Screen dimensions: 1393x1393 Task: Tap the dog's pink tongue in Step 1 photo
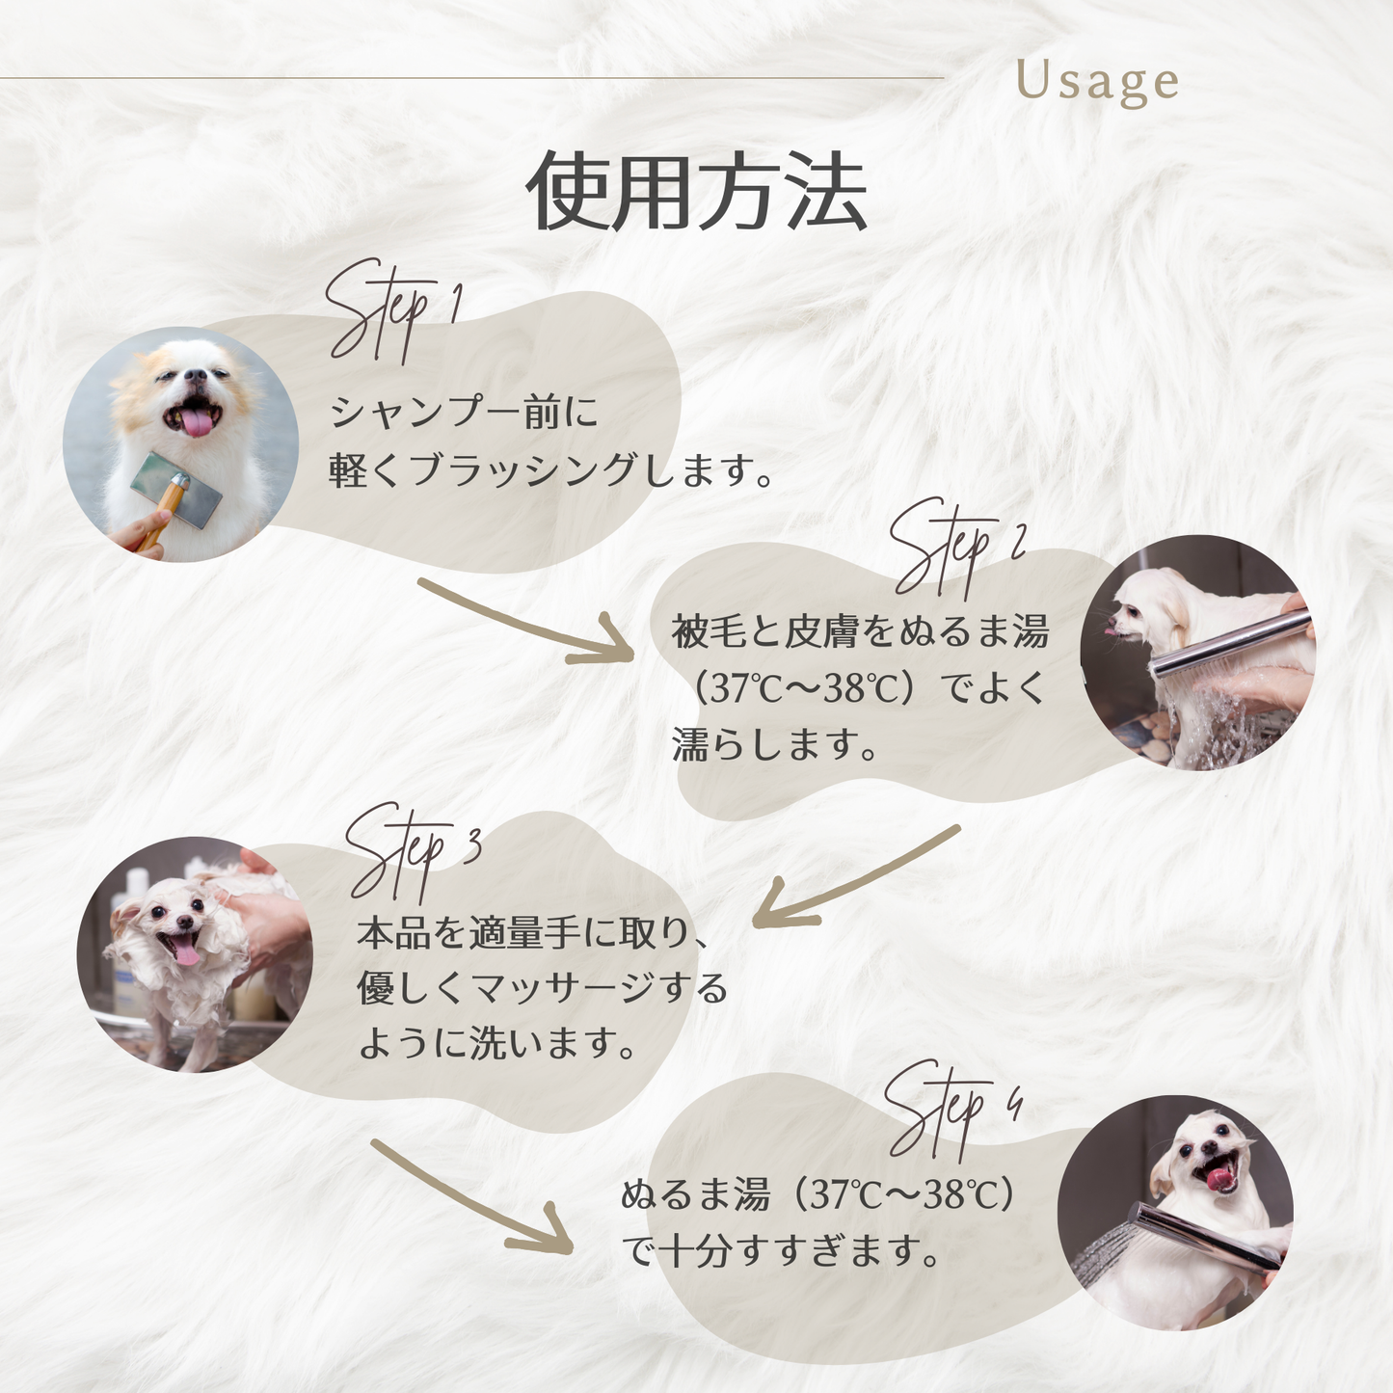(x=198, y=423)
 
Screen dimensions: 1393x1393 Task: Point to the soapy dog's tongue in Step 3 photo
(x=187, y=955)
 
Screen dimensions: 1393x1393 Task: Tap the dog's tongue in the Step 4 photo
(x=1221, y=1181)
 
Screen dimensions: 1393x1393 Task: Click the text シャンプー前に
(x=465, y=412)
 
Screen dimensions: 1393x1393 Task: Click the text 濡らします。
(x=775, y=744)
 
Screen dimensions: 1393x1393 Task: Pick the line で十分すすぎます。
(x=781, y=1250)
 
